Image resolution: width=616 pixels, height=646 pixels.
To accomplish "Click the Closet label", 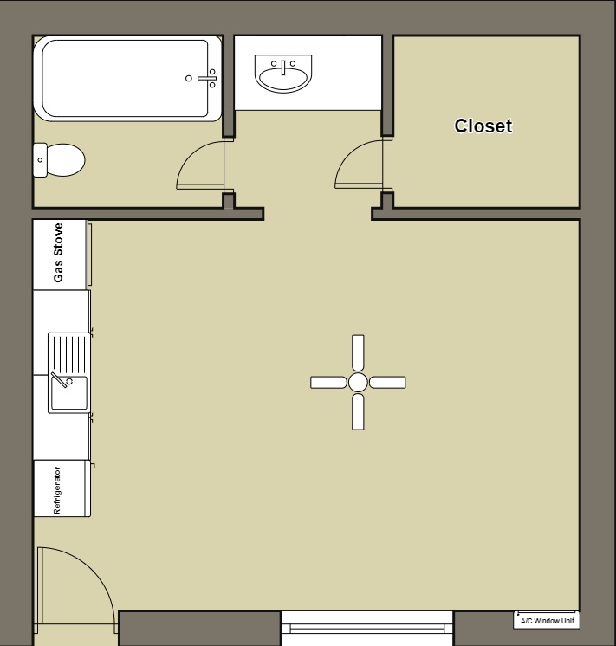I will click(483, 126).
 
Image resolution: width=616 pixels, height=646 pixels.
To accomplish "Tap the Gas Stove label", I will click(59, 253).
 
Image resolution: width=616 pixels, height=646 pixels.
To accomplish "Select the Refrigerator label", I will click(58, 490).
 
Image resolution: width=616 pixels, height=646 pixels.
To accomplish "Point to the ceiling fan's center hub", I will click(358, 382).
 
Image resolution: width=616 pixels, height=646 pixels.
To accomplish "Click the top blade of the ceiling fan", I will click(358, 352).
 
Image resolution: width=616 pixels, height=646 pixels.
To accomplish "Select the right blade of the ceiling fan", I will click(387, 382).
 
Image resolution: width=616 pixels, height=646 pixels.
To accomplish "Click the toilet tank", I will click(40, 160).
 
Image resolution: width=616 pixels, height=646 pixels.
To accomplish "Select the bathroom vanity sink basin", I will click(283, 76).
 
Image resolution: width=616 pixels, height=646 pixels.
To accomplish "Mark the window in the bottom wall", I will click(367, 625).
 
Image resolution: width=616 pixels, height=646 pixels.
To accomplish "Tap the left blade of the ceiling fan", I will click(328, 382).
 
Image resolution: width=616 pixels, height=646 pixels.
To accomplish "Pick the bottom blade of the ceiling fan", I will click(358, 411).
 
